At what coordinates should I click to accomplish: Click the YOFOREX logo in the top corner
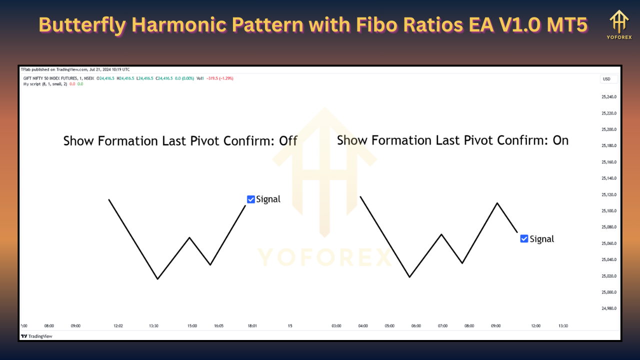tap(619, 24)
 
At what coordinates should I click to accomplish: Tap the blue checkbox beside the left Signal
tap(251, 199)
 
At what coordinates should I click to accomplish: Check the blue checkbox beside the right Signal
tap(524, 238)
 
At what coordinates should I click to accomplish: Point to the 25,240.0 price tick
tap(609, 97)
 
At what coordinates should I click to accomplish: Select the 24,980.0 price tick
tap(609, 308)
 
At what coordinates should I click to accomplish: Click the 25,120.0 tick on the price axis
tap(609, 194)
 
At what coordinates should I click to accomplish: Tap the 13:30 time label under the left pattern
tap(153, 326)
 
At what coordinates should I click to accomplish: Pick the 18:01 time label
tap(252, 326)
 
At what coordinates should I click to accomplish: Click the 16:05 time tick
tap(219, 326)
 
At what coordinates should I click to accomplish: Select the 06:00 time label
tap(416, 326)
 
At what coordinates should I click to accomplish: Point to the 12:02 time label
tap(118, 326)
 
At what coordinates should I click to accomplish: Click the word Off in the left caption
tap(288, 141)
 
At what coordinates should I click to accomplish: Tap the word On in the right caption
tap(560, 140)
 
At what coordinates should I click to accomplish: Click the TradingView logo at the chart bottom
tap(36, 336)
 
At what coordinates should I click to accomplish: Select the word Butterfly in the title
tap(82, 25)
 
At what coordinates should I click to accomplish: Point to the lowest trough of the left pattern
tap(157, 279)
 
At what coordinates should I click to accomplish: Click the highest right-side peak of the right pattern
tap(497, 203)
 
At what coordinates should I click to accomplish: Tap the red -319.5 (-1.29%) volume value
tap(220, 78)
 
